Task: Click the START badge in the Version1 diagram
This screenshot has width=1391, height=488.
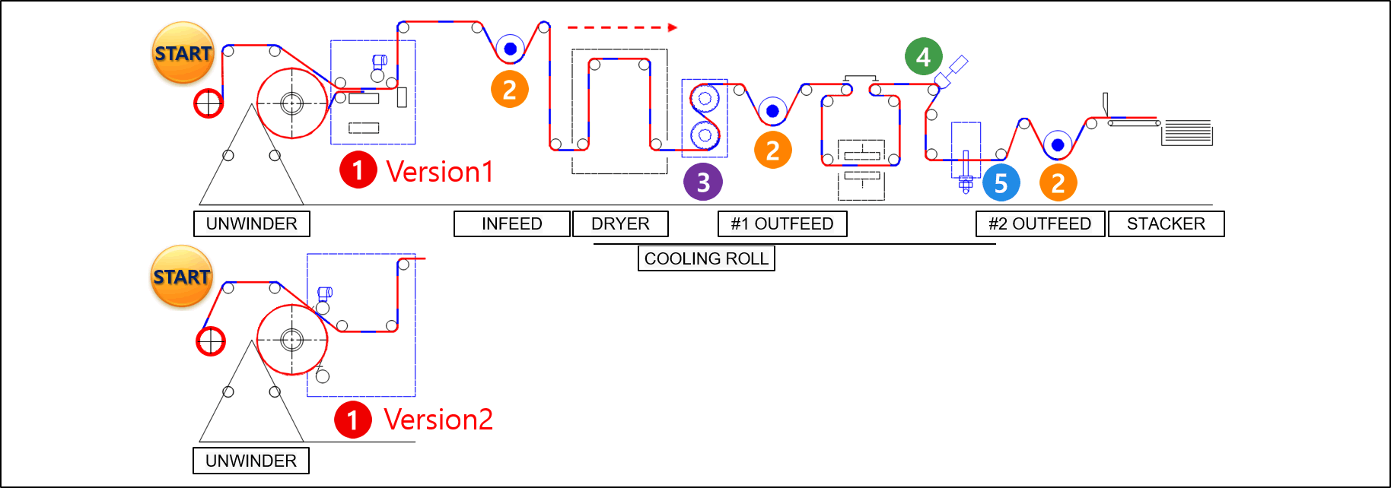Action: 183,52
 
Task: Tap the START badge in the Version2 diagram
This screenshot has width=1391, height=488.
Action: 182,276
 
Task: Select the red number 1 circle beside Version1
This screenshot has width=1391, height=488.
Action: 358,170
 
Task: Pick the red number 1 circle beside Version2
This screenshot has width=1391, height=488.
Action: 353,419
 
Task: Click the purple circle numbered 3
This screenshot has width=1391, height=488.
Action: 703,182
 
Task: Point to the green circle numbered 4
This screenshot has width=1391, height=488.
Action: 924,56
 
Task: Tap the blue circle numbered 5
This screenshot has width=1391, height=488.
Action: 1001,182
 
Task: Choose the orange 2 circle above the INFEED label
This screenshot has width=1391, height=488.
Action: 510,89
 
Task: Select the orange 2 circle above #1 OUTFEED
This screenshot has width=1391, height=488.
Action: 773,150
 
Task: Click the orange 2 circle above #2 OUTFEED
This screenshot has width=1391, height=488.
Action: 1058,182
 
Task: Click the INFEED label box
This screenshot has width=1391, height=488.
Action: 512,223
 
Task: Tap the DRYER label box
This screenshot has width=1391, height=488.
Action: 620,223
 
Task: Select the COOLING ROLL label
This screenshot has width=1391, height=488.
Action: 706,258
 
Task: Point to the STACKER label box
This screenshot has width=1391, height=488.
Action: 1167,223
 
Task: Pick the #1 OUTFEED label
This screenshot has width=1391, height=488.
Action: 782,223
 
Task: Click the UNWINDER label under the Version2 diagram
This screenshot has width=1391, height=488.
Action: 251,461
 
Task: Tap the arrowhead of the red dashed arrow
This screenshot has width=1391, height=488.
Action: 673,27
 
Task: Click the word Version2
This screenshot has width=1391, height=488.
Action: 438,419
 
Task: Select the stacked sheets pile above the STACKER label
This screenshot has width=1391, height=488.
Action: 1187,132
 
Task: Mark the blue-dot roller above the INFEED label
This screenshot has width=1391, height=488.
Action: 511,49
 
